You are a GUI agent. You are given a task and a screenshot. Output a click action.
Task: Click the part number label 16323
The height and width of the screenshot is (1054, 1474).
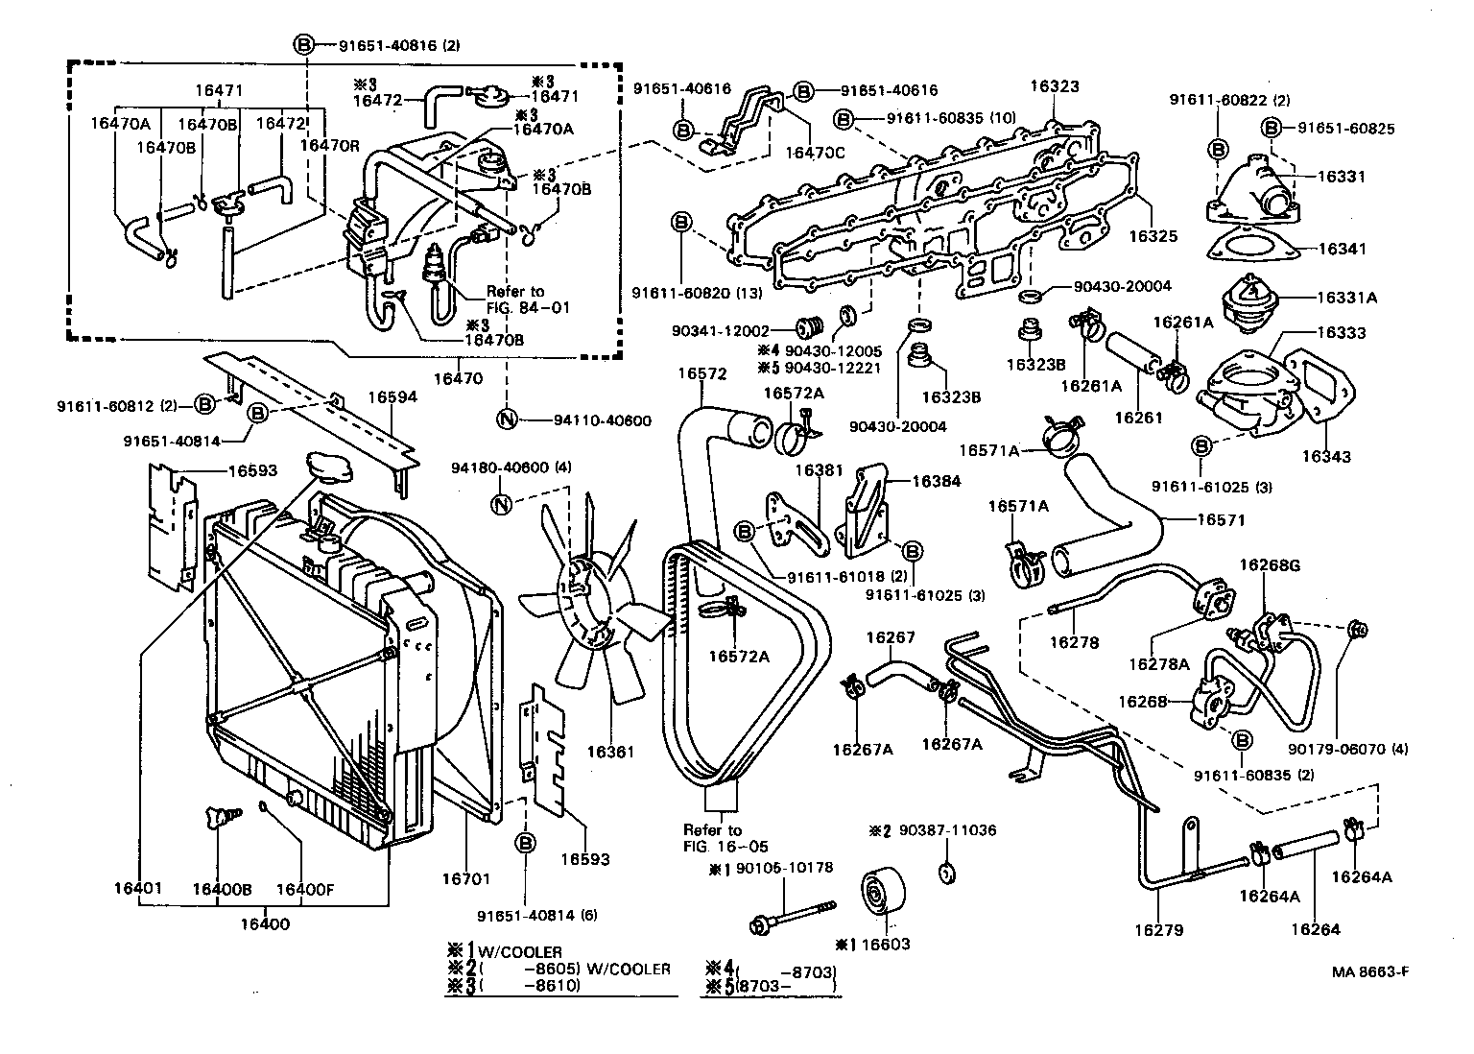click(x=1055, y=86)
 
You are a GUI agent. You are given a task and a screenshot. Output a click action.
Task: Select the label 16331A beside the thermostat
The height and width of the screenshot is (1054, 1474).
click(x=1346, y=298)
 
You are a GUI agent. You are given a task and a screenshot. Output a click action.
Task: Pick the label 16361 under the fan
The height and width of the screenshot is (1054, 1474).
click(x=610, y=752)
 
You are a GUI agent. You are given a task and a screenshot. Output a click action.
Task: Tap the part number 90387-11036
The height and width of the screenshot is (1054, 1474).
click(x=947, y=830)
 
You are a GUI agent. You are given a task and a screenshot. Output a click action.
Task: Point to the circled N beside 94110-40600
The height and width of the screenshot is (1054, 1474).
click(x=507, y=419)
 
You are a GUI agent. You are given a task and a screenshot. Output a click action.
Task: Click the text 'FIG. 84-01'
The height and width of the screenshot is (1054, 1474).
click(x=528, y=307)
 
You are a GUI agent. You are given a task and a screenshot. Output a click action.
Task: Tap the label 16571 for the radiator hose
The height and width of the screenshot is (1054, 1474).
click(x=1221, y=519)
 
